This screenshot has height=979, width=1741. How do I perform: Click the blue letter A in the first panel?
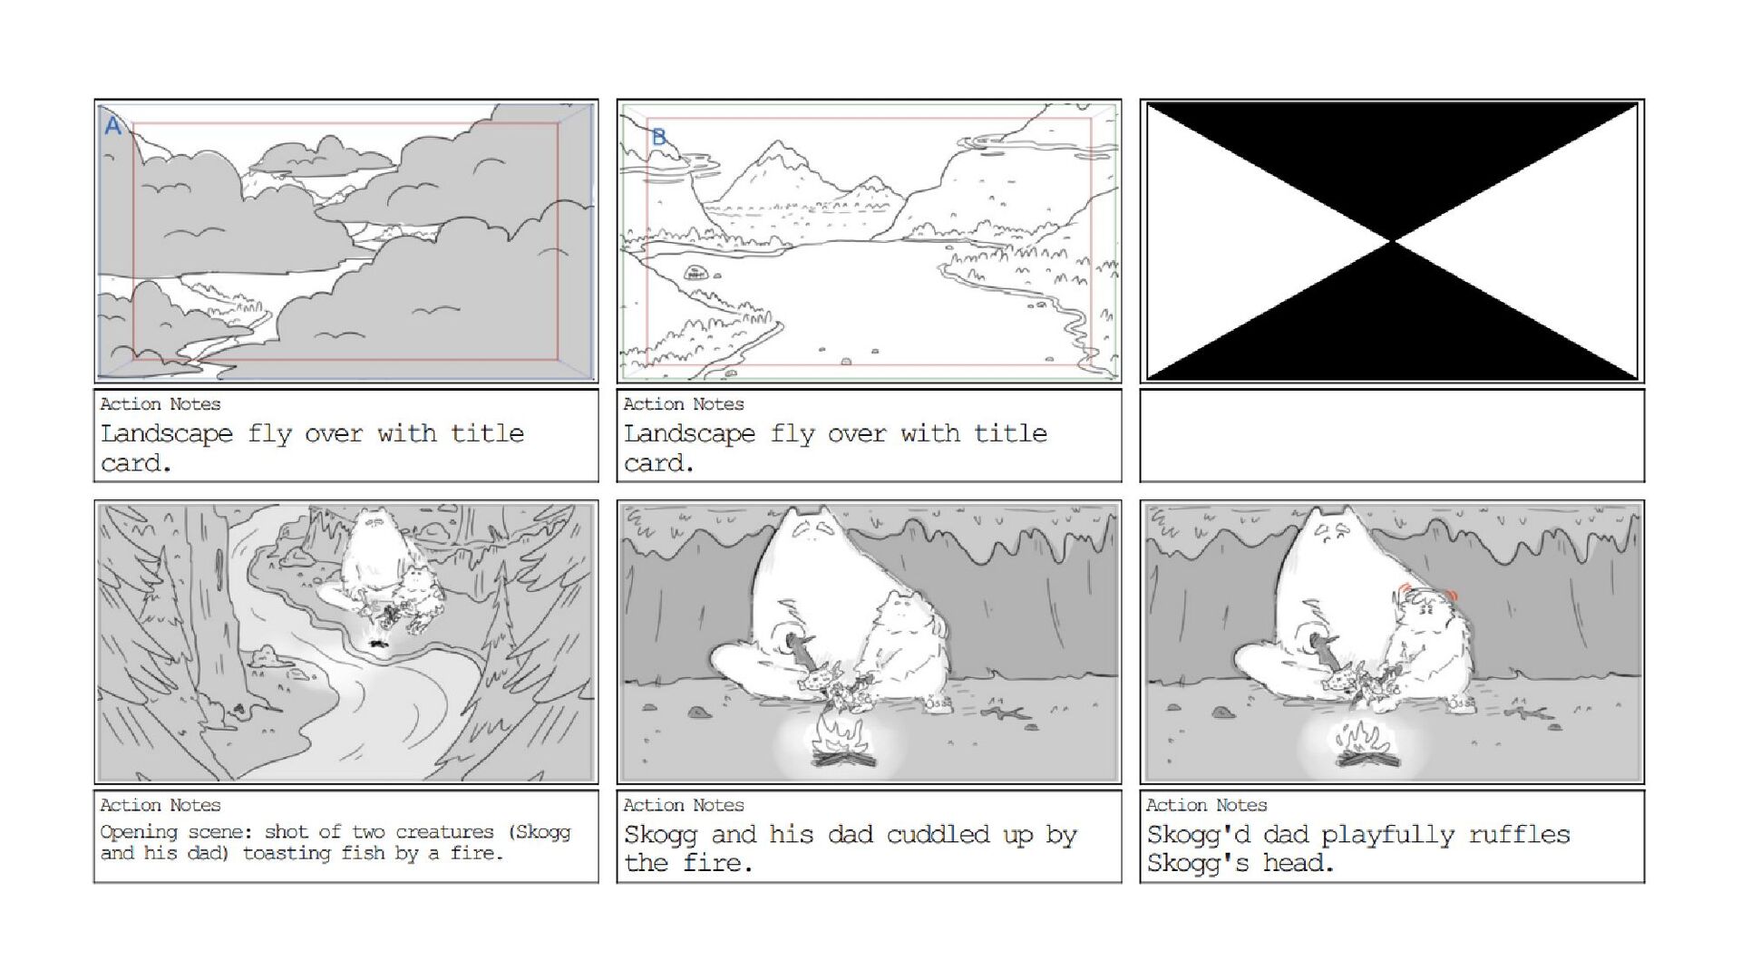pos(112,125)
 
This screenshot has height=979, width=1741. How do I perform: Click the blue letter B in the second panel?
pos(659,137)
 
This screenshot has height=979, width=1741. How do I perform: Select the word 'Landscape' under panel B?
pos(689,434)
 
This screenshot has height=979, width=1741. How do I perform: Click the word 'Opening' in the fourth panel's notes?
pos(138,832)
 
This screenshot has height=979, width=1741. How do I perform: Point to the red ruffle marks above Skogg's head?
pos(1425,594)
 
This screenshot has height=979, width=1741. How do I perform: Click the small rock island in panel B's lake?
pos(695,272)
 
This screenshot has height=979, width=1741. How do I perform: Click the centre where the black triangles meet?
pos(1392,241)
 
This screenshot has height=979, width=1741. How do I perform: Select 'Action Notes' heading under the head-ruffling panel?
pos(1206,805)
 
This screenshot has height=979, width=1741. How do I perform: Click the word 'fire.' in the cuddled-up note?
pos(716,863)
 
